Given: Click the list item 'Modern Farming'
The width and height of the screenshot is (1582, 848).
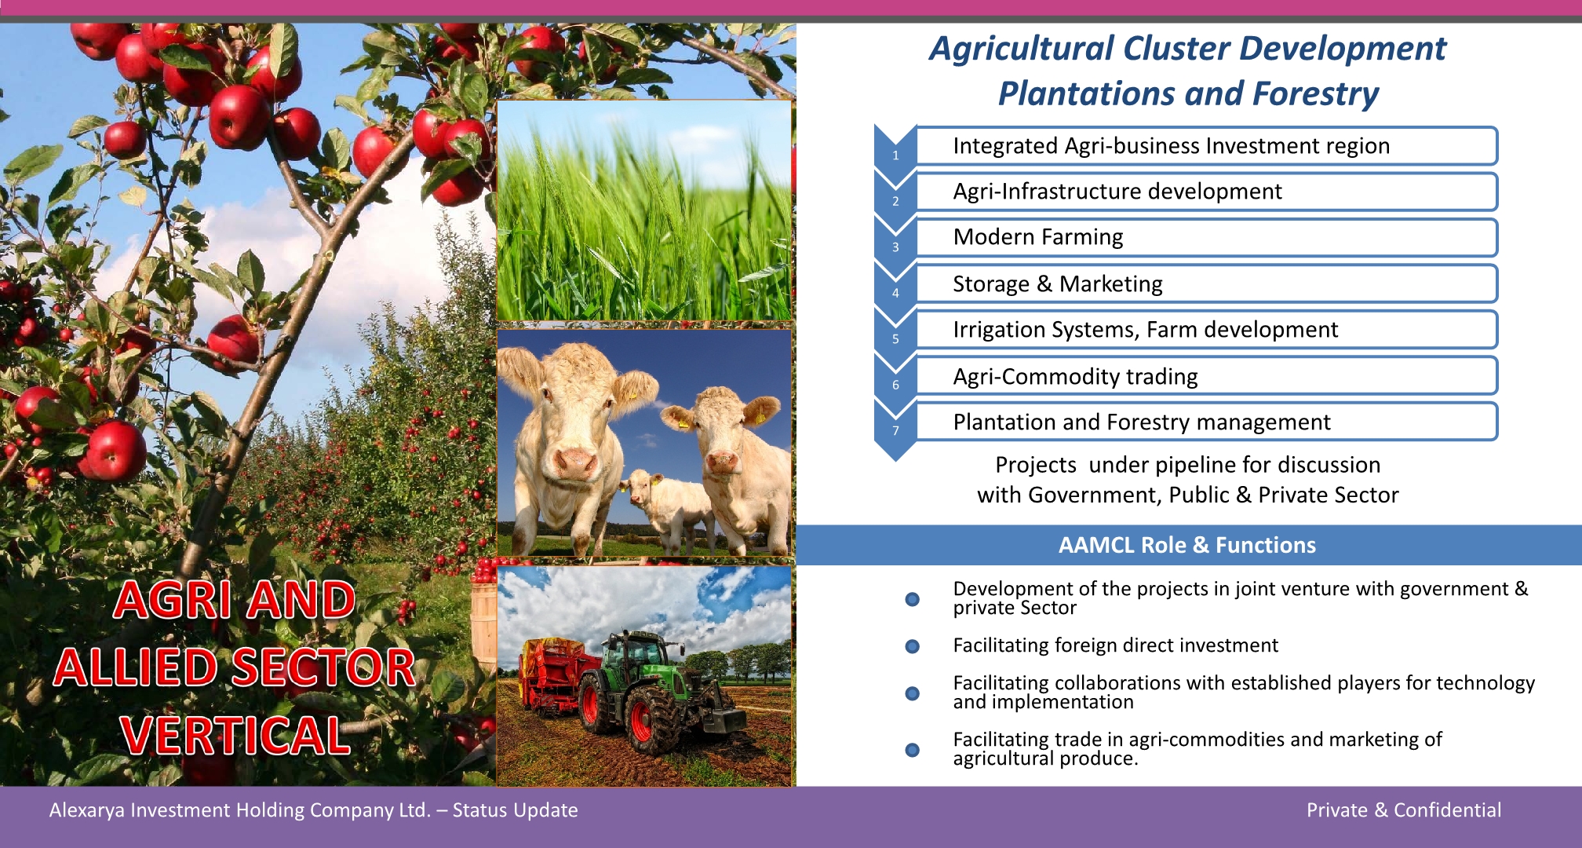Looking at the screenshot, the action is [1207, 237].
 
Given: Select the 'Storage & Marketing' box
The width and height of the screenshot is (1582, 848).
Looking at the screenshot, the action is [1207, 283].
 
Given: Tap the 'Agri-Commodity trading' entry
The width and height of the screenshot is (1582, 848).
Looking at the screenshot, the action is [1207, 376].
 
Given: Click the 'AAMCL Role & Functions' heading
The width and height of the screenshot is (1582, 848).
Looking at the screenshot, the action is [1187, 545].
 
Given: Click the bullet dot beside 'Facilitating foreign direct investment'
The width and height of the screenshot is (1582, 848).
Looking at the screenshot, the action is [912, 646].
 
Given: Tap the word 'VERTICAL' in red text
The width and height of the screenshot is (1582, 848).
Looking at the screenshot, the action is [235, 736].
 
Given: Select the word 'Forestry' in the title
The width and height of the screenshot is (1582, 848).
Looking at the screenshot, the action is [1315, 93].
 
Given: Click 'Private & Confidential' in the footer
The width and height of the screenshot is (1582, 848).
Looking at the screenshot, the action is [1404, 810].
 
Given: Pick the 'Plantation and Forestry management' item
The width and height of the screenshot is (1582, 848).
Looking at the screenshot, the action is [1207, 422].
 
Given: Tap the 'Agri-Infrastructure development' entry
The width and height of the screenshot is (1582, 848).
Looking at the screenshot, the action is [1207, 192].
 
